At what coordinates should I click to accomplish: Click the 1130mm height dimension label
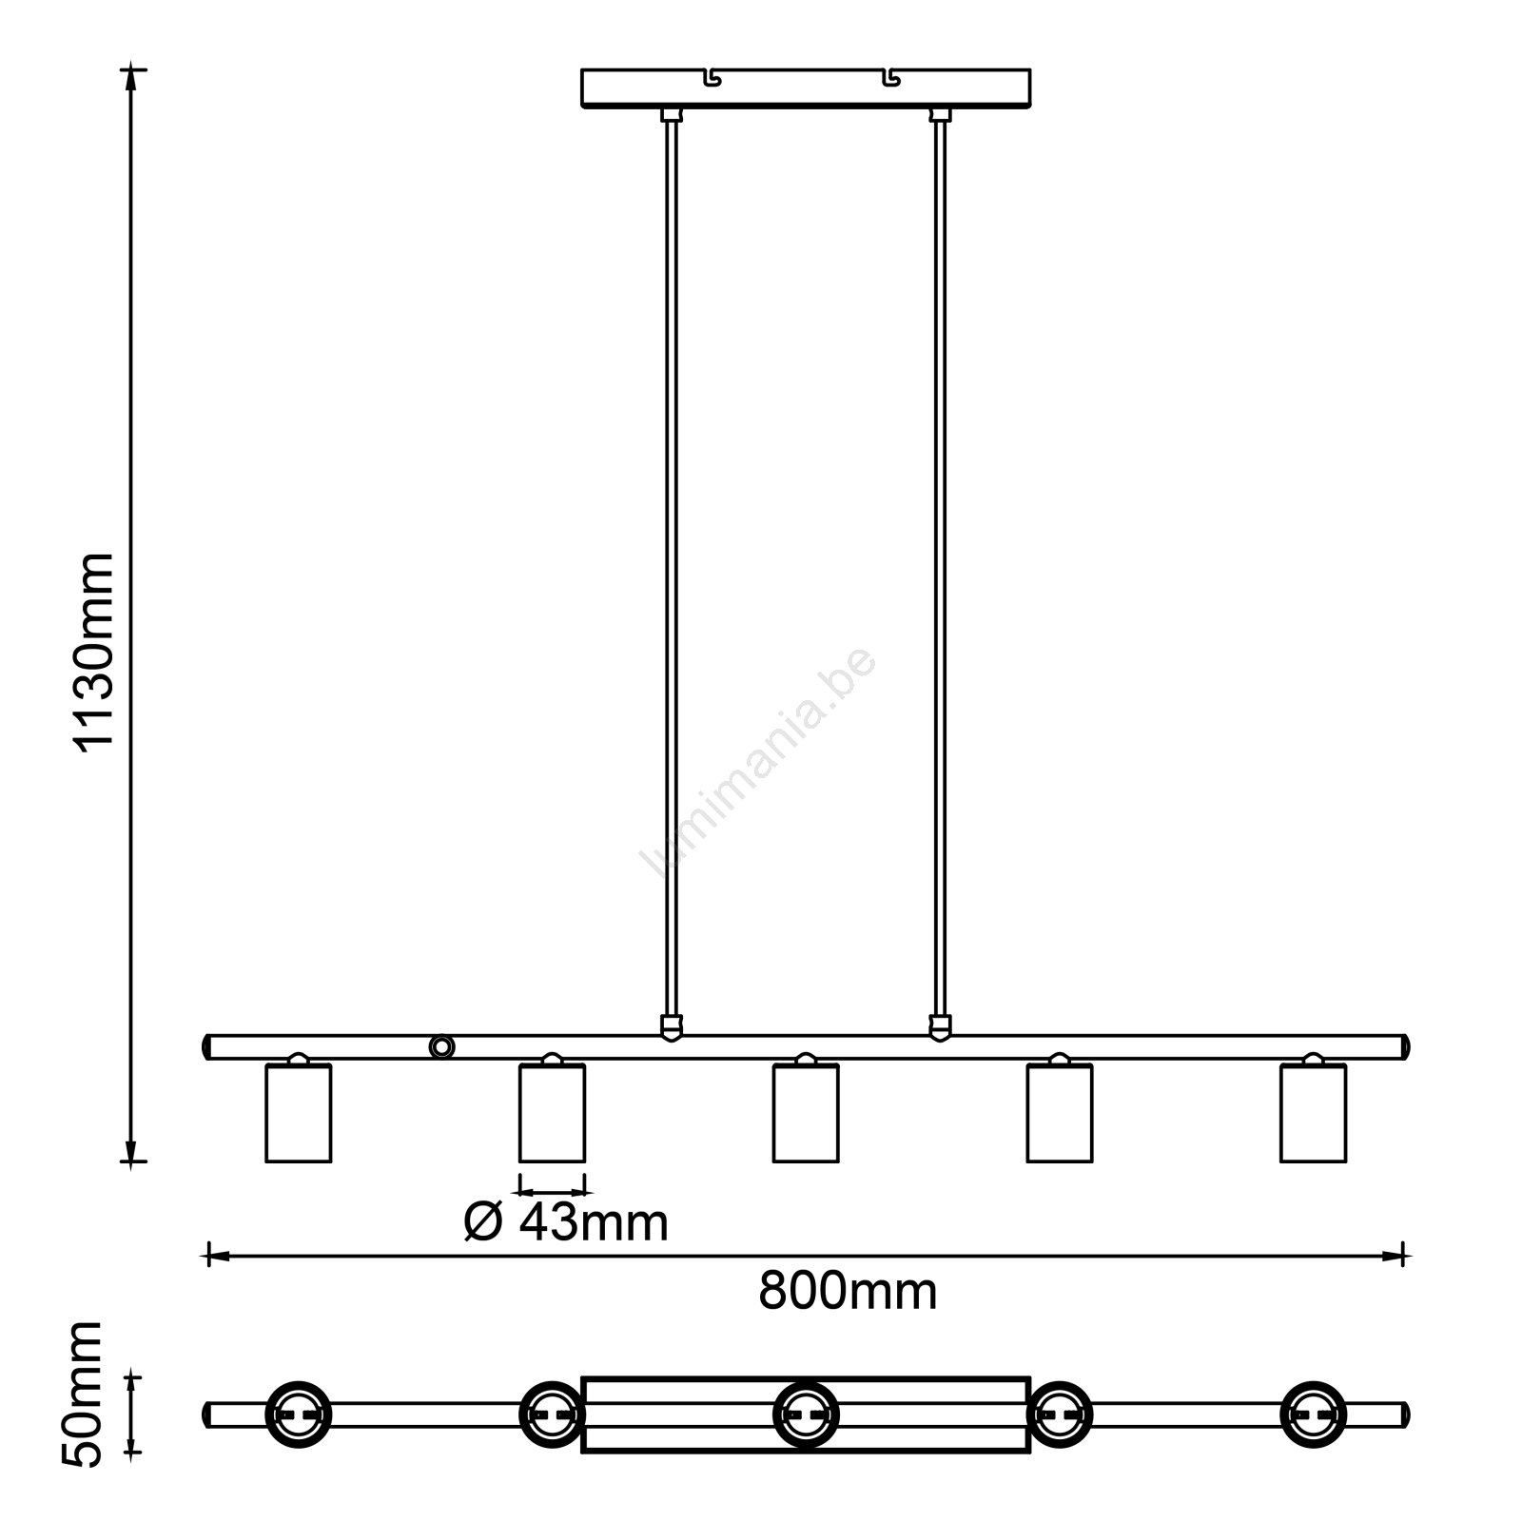pos(94,653)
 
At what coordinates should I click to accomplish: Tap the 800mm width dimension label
pos(848,1292)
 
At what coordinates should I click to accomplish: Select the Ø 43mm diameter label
pos(566,1222)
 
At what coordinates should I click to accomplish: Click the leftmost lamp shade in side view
pos(299,1113)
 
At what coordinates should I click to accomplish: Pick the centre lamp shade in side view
pos(806,1113)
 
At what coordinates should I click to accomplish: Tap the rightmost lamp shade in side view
pos(1314,1113)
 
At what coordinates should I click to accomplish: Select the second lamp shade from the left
pos(552,1113)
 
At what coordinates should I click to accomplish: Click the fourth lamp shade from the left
pos(1060,1113)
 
